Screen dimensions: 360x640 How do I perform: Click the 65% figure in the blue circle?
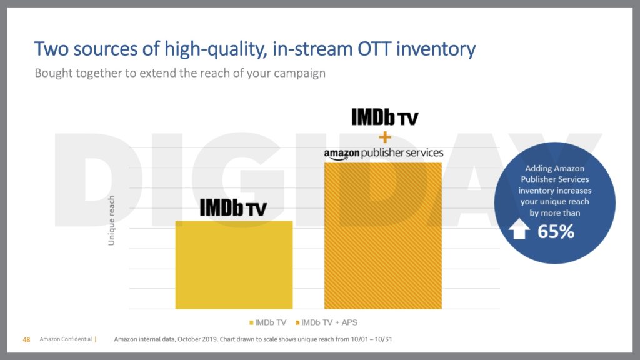pos(556,231)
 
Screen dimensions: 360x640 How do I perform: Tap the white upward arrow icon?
pos(519,231)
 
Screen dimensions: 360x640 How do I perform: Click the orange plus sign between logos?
pos(383,136)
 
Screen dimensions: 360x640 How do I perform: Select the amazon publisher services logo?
pos(383,153)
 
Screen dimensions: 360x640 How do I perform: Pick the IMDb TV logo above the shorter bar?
pos(233,207)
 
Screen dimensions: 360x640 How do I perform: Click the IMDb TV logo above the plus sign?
pos(383,117)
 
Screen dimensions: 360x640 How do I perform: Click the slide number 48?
pos(26,340)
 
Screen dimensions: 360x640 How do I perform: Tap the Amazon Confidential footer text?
pos(65,340)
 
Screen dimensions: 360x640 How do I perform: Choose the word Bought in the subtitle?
pos(54,73)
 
